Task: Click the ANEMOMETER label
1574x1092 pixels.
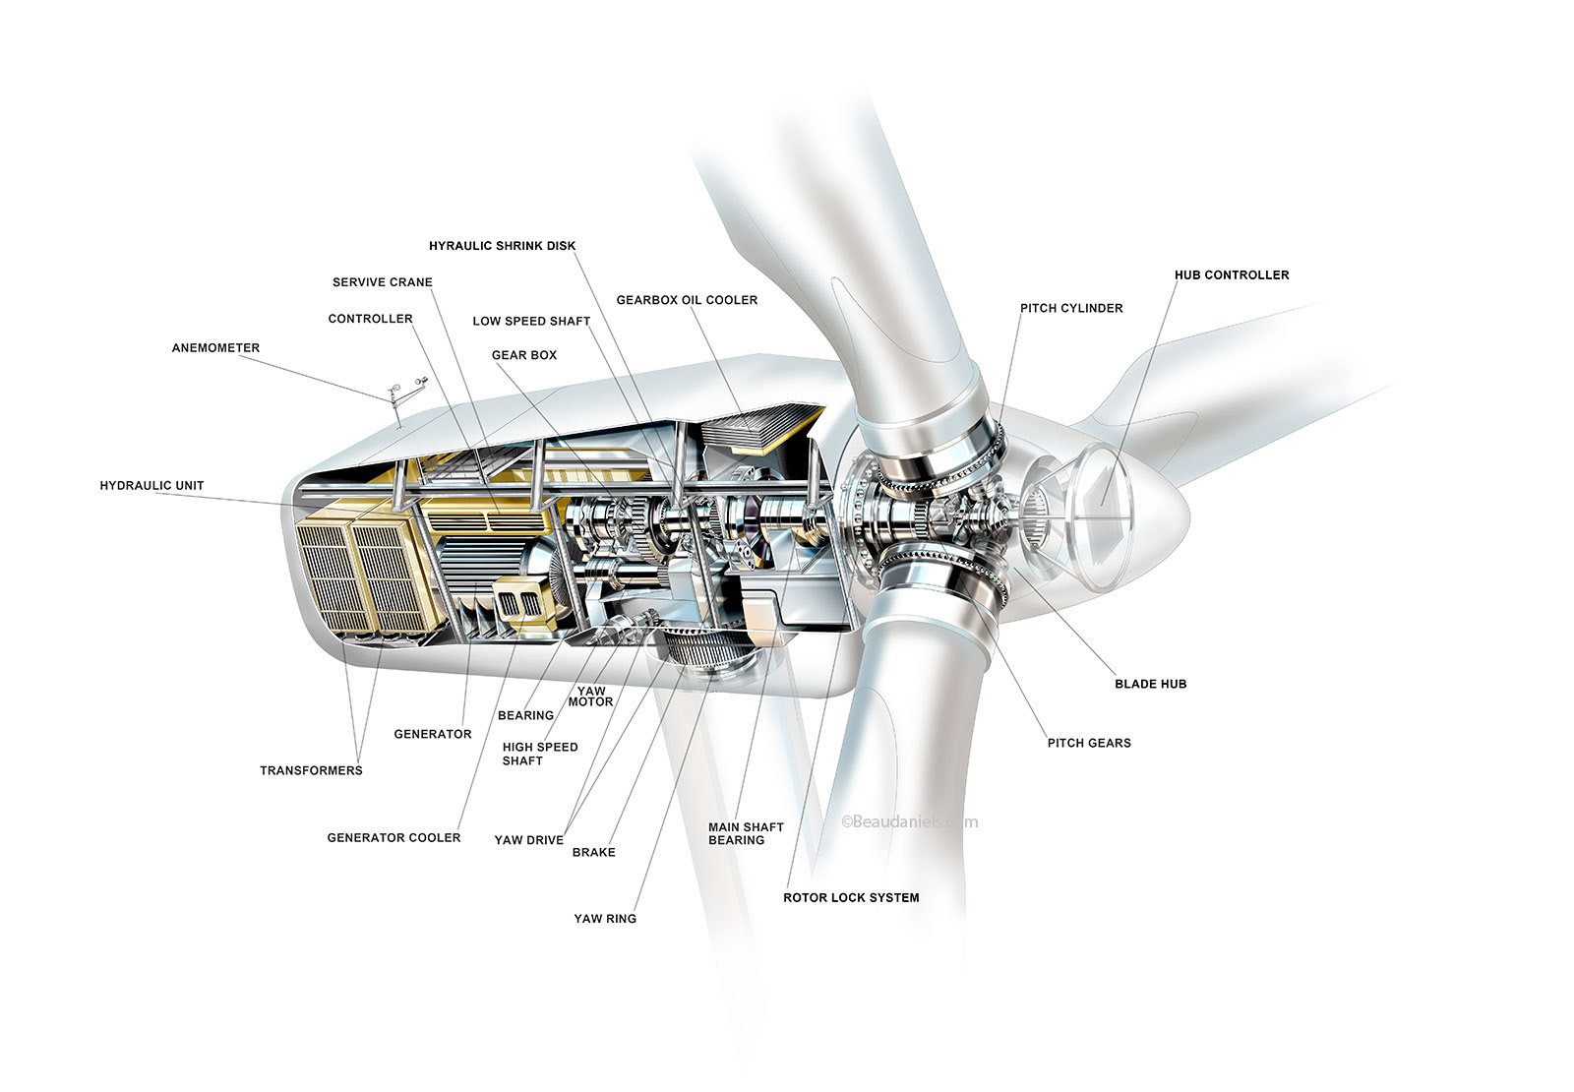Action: pos(215,348)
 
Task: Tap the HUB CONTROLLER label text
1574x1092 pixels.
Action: pos(1232,275)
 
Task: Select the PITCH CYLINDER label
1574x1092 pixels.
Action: pos(1071,309)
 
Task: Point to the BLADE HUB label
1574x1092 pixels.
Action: pos(1150,684)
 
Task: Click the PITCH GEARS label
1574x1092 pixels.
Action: pos(1089,743)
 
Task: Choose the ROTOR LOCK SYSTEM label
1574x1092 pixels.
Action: pos(851,897)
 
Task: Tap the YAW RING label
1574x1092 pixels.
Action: pos(605,919)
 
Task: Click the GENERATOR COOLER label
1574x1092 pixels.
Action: pos(393,837)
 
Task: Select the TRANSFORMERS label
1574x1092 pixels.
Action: pos(311,770)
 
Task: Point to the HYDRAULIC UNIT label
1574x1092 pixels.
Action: pos(151,486)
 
